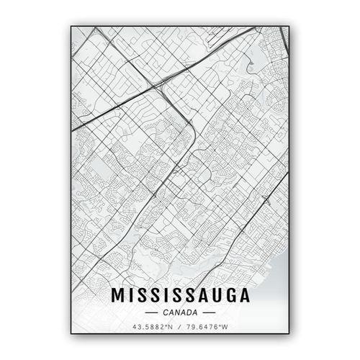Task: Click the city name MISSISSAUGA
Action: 180,296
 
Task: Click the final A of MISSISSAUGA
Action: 243,296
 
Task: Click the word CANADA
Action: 180,312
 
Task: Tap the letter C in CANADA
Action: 166,312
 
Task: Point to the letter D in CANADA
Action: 188,312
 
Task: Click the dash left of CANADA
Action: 151,312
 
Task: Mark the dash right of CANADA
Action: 209,312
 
